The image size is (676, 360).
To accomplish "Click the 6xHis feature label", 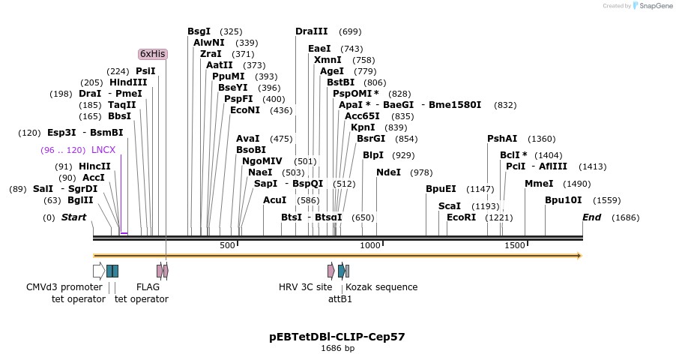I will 153,54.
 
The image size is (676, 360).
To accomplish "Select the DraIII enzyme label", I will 311,31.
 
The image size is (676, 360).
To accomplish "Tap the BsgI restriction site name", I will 199,31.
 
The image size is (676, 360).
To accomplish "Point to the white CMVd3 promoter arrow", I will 98,271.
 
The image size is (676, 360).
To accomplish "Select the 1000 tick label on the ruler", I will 370,246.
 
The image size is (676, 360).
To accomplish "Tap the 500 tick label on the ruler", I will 227,246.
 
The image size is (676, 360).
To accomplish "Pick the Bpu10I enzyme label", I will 563,200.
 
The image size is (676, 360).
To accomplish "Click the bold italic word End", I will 592,217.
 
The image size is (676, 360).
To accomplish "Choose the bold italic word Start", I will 73,217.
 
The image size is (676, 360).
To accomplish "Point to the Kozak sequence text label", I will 381,286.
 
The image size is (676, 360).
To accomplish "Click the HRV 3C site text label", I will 305,286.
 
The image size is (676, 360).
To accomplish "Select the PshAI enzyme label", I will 502,139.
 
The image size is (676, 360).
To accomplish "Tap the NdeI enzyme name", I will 388,172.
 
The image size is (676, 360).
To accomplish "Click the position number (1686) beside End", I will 626,217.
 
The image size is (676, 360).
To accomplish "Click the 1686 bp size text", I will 337,349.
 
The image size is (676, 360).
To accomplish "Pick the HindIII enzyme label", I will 128,82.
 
